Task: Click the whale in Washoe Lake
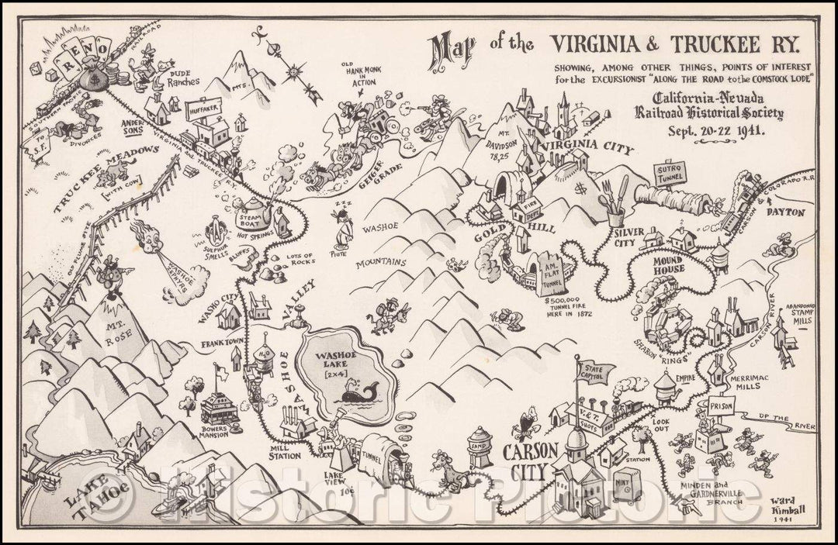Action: coord(356,393)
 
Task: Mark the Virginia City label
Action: coord(587,147)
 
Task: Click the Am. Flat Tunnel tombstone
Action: coord(552,273)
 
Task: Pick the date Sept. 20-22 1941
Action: coord(717,130)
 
